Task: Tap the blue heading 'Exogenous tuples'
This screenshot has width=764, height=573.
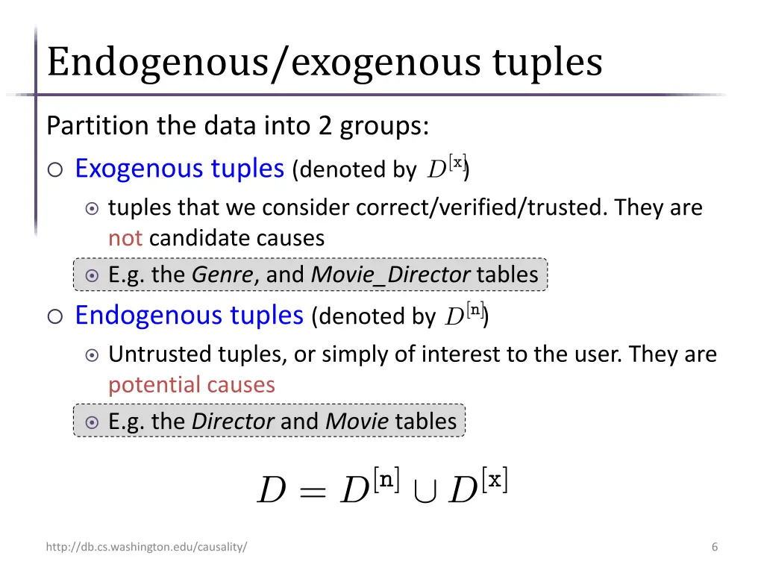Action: [179, 169]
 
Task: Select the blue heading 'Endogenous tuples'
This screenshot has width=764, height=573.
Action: [189, 316]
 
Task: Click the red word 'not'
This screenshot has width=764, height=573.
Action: [125, 238]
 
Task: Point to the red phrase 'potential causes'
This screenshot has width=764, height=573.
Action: [192, 384]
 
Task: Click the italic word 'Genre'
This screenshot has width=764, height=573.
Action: [222, 275]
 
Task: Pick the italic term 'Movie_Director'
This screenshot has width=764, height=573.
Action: [390, 275]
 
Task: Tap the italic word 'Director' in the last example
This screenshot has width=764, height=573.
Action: [233, 421]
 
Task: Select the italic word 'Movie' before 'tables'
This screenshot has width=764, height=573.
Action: [357, 421]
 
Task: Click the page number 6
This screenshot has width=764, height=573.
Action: [715, 547]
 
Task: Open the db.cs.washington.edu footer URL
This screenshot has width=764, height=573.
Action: [146, 547]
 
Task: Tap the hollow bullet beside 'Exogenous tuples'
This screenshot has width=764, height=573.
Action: [55, 170]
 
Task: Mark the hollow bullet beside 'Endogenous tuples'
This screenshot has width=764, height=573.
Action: [55, 317]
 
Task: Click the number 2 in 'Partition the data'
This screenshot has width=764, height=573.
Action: [325, 125]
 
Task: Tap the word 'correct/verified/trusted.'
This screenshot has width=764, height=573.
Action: [482, 207]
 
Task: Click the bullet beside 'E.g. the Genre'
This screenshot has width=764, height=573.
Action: [92, 275]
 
